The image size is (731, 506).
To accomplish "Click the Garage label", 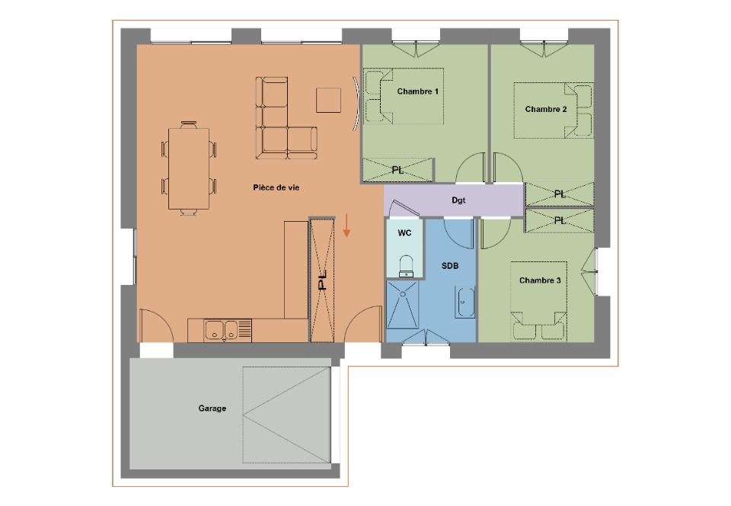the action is (212, 408).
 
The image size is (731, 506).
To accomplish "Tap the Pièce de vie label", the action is (276, 187).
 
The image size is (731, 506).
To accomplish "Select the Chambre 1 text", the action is (417, 91).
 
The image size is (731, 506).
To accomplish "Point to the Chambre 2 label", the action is (546, 109).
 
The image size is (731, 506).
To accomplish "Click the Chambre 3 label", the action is (540, 280).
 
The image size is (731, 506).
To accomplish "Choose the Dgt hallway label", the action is (458, 200).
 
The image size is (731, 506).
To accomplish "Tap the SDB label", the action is (450, 266).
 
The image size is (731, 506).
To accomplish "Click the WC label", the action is (404, 232).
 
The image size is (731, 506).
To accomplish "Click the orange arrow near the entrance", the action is (346, 226).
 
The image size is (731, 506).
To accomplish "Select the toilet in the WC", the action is (407, 266).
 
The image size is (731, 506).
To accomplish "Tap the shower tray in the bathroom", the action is (402, 304).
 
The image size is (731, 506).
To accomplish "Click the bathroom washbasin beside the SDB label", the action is (464, 303).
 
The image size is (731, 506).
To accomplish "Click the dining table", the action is (189, 169).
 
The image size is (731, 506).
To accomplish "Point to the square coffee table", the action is (328, 100).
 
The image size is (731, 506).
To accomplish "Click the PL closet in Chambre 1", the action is (397, 170).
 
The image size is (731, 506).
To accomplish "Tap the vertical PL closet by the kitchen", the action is (322, 280).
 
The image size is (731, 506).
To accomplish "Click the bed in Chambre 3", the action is (538, 301).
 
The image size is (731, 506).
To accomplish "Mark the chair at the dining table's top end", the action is (189, 124).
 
